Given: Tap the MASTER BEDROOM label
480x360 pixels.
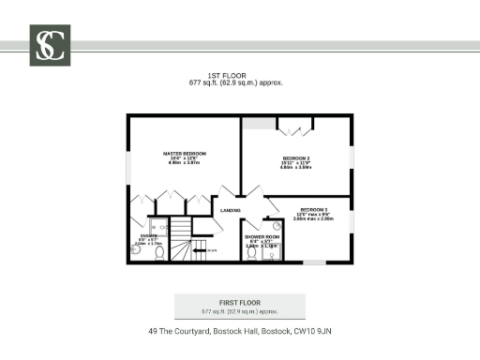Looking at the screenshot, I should pyautogui.click(x=184, y=153).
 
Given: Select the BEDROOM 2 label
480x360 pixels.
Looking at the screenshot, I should pyautogui.click(x=296, y=158).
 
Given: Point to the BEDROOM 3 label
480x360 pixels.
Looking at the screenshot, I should pyautogui.click(x=314, y=209).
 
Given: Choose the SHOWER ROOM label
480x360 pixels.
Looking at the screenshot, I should pyautogui.click(x=262, y=237).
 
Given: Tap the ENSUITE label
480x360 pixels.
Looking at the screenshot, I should pyautogui.click(x=148, y=235).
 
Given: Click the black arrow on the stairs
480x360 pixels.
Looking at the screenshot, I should pyautogui.click(x=199, y=250).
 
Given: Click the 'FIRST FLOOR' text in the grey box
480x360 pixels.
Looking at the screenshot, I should pyautogui.click(x=239, y=302).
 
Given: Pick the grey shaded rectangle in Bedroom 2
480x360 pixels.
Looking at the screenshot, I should pyautogui.click(x=259, y=124).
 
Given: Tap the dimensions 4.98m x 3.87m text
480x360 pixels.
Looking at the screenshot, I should pyautogui.click(x=184, y=163).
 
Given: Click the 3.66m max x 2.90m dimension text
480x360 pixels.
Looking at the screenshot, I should pyautogui.click(x=314, y=219).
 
